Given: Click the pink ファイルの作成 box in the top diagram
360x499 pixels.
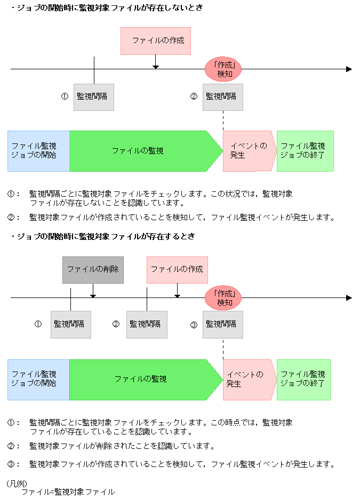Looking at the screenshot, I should [155, 41].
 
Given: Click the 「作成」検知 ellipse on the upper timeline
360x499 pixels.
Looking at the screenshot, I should [224, 69].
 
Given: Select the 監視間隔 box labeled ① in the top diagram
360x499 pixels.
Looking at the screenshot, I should [94, 97].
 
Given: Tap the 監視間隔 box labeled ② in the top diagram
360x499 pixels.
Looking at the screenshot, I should [222, 97].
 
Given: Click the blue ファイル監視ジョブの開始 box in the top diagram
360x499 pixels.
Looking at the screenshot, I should [38, 151].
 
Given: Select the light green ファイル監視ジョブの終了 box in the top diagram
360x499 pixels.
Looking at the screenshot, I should [305, 151].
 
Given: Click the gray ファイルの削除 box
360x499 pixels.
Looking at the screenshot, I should [93, 269].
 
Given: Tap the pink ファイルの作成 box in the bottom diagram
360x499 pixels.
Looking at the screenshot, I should [177, 269].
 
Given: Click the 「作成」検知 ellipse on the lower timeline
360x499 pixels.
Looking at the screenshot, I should [224, 298].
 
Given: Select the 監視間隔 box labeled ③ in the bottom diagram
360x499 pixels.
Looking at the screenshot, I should [222, 324].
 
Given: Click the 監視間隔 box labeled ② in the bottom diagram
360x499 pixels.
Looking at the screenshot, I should [147, 324].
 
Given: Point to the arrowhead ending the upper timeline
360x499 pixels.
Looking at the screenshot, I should [349, 69].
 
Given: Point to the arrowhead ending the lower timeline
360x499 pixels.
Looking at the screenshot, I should [349, 298].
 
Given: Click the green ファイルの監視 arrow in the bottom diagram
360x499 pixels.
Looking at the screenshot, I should [141, 379].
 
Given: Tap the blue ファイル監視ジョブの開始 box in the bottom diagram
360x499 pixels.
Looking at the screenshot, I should [38, 379].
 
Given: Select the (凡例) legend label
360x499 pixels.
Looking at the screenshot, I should [17, 483].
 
